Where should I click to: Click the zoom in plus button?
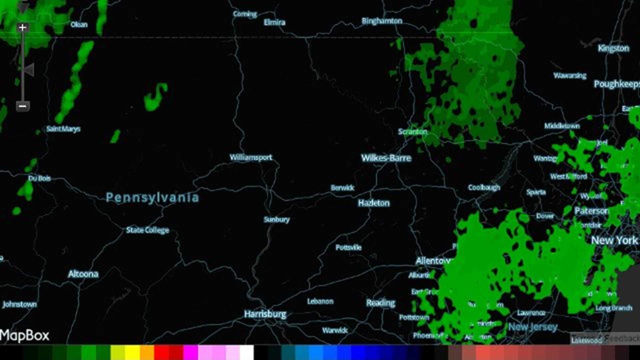(23, 27)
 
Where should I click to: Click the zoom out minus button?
(23, 106)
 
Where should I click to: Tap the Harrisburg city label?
(265, 314)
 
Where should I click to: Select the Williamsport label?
(251, 157)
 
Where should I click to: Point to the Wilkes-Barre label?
(386, 158)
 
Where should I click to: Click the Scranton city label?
(412, 132)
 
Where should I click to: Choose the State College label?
(147, 230)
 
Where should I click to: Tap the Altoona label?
(83, 274)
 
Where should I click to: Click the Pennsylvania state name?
(152, 198)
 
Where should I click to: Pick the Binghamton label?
(382, 21)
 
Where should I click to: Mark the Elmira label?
(274, 22)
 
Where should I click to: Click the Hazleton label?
(374, 203)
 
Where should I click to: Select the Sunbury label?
(276, 220)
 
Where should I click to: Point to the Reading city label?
(380, 303)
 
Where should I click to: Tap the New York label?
(614, 240)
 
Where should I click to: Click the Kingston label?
(613, 48)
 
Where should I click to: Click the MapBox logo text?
(25, 335)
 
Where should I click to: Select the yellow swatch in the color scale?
(132, 353)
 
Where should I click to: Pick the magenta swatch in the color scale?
(191, 353)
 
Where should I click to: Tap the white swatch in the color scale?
(247, 353)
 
